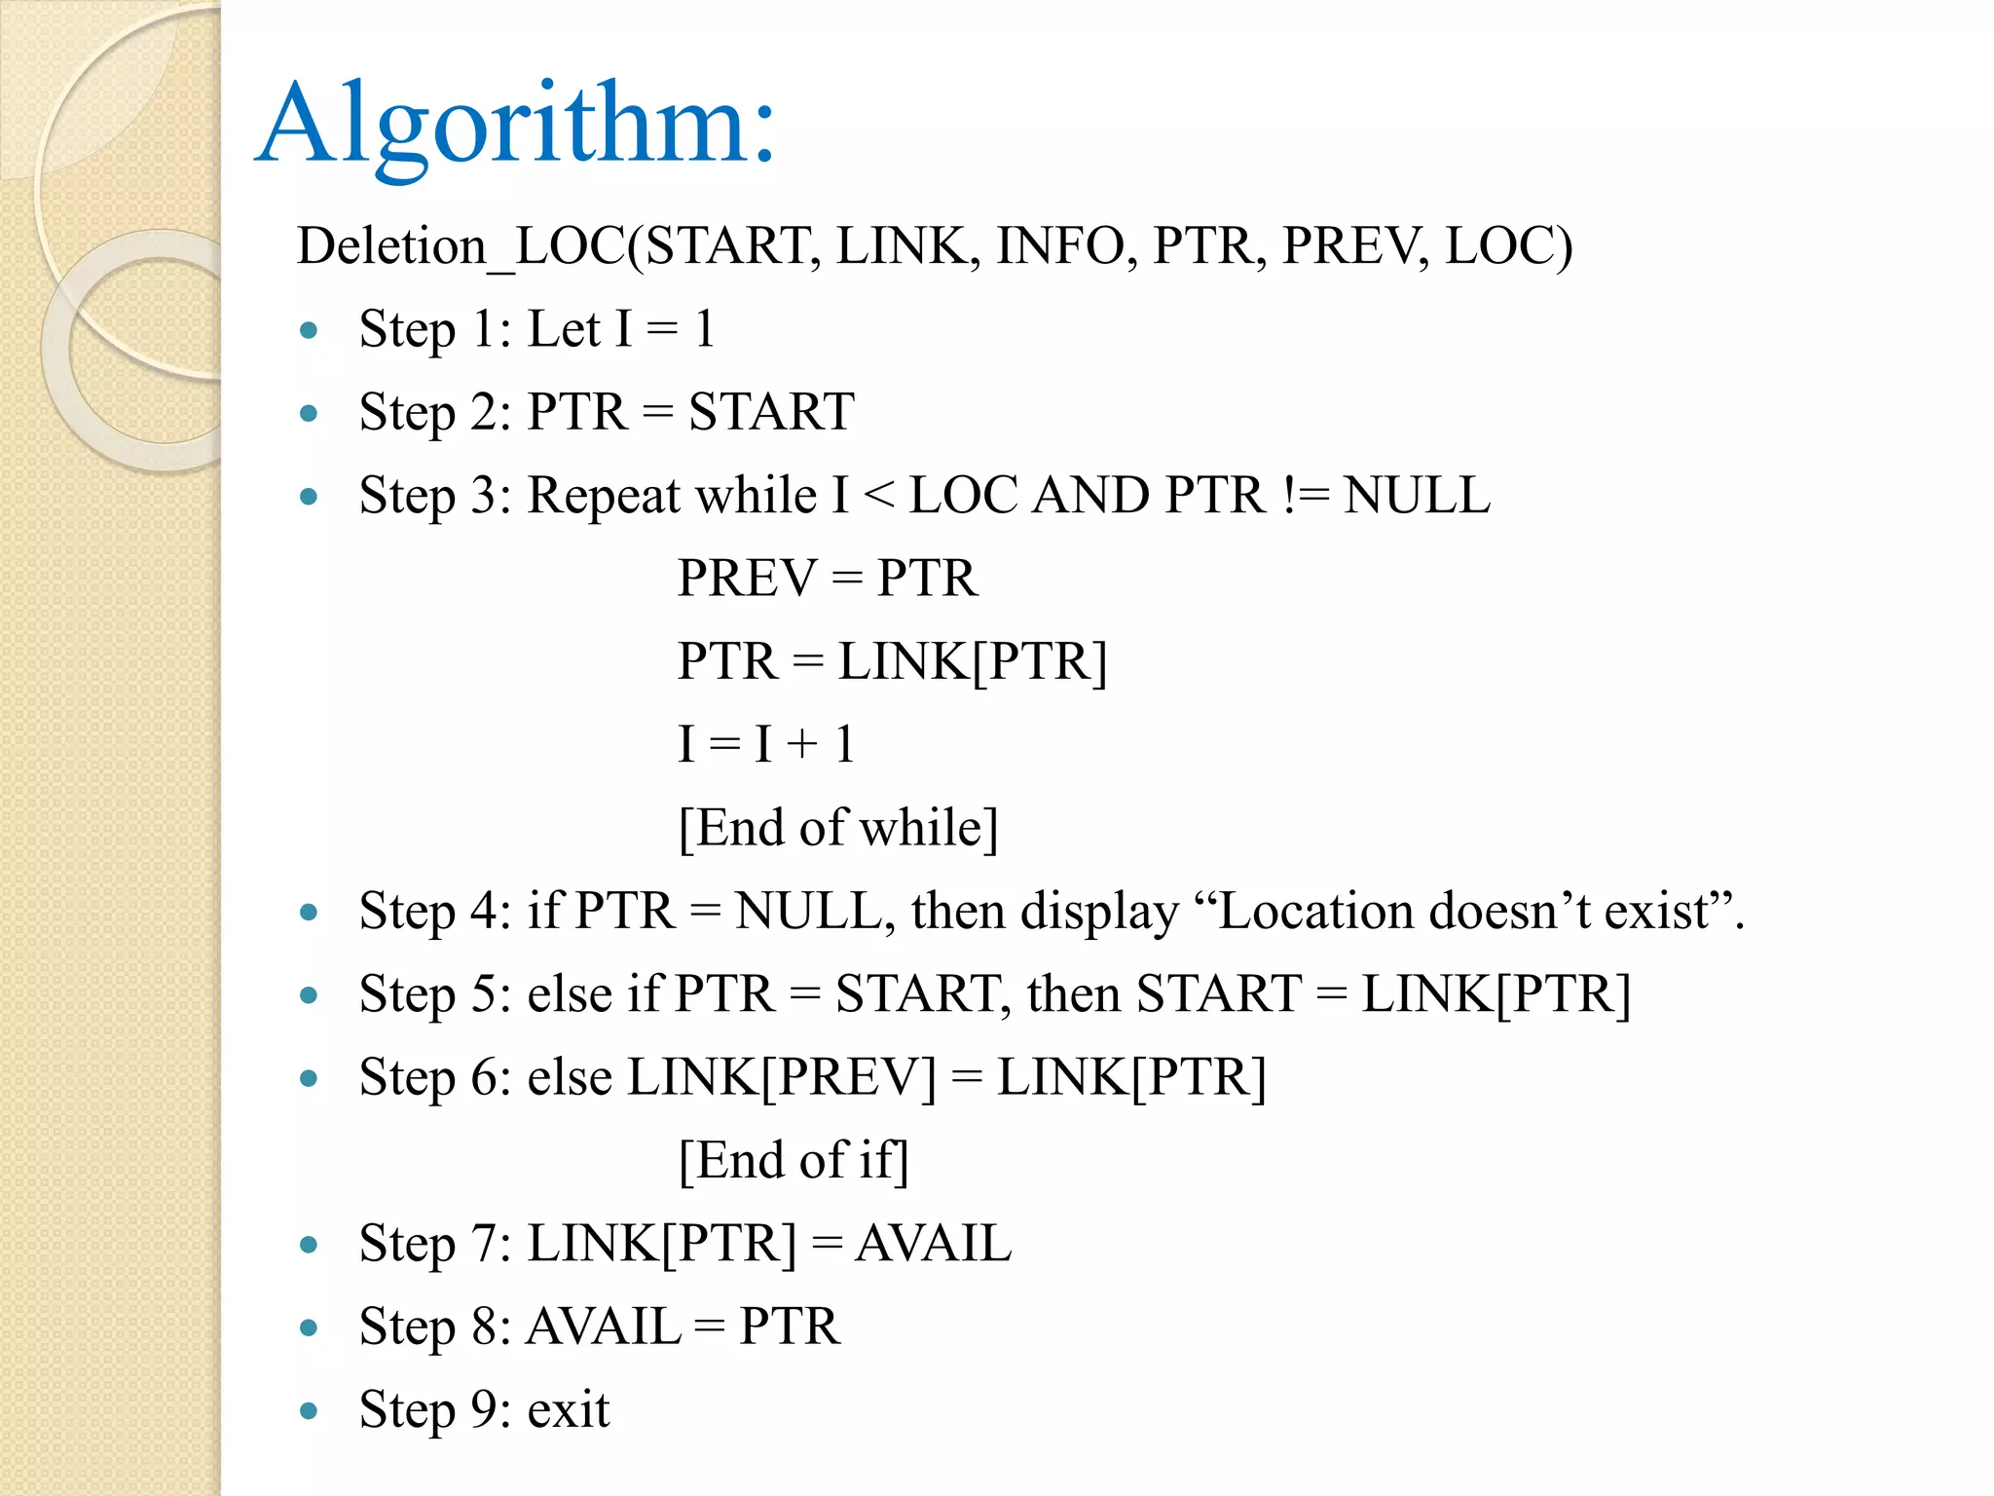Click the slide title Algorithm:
[516, 125]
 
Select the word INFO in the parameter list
[1059, 246]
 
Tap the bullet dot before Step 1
[310, 331]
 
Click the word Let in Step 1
[563, 329]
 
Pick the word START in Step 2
[771, 412]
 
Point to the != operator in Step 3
[1306, 496]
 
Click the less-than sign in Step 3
[879, 496]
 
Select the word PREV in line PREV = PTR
[747, 579]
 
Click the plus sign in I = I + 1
[803, 745]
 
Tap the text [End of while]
[838, 828]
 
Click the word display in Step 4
[1099, 913]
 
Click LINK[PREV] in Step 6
[781, 1078]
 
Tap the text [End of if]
[794, 1161]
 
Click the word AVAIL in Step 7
[933, 1244]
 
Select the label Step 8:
[434, 1328]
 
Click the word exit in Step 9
[569, 1410]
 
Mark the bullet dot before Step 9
[310, 1410]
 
